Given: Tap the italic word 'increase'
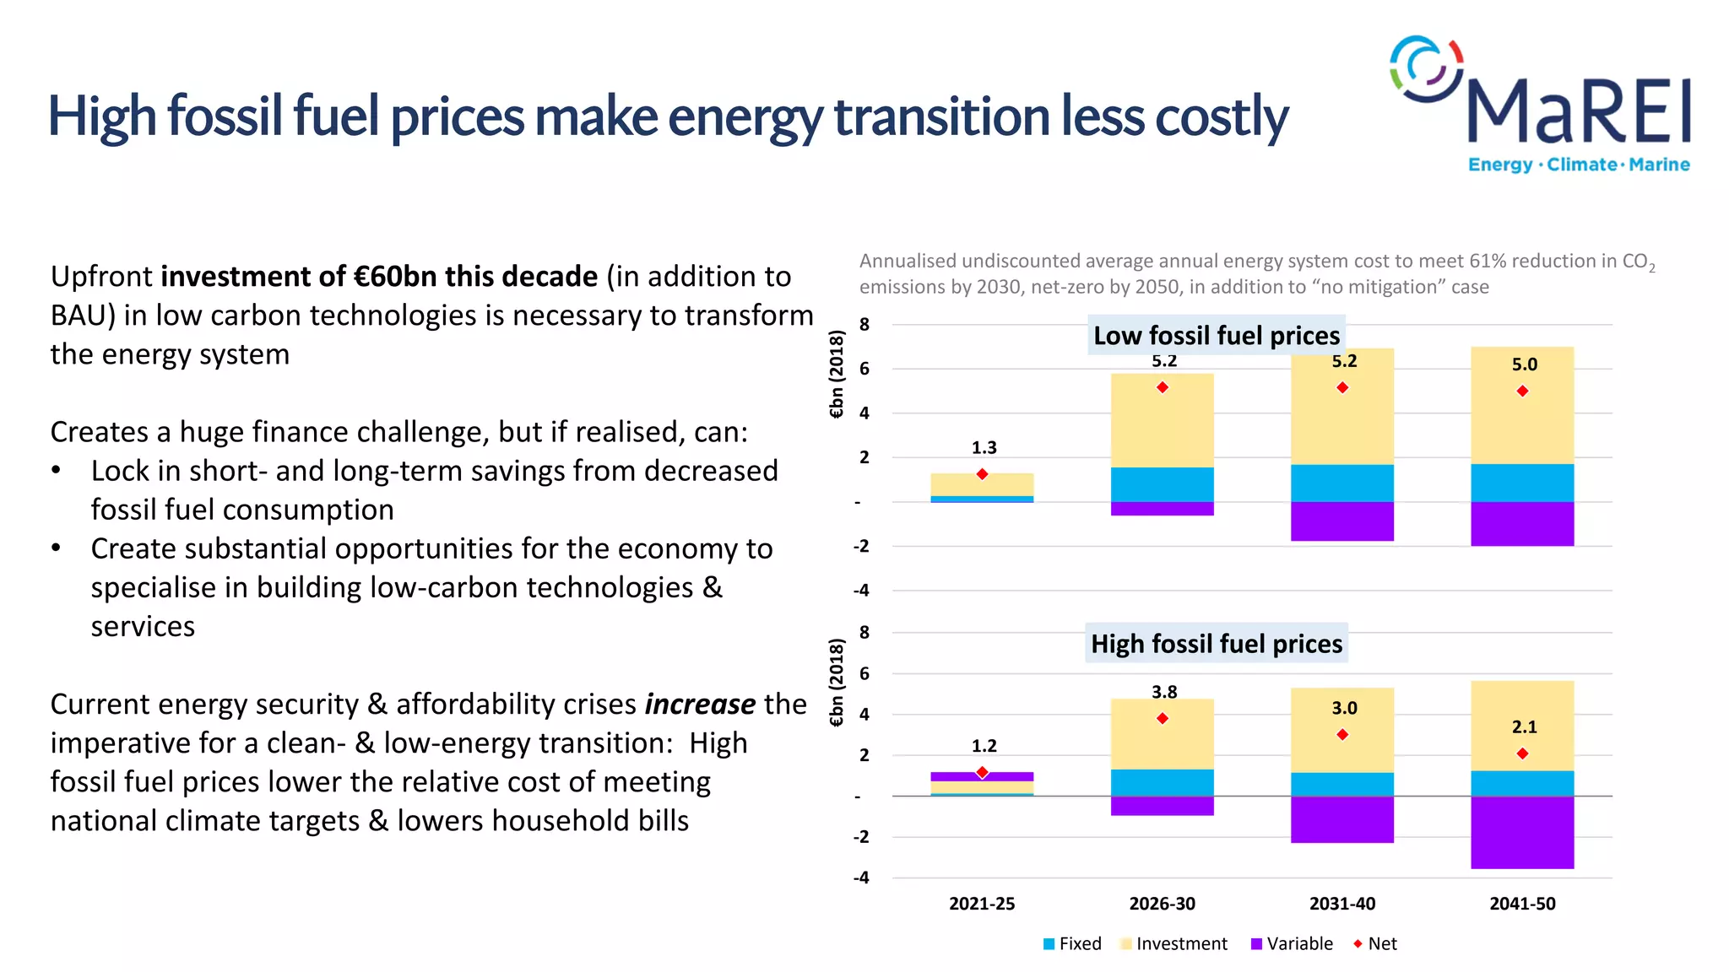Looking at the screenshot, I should click(x=700, y=705).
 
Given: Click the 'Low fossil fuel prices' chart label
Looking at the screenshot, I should click(x=1216, y=336).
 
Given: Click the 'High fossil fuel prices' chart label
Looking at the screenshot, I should click(x=1216, y=644).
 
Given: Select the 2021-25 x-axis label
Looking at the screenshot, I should click(x=982, y=904).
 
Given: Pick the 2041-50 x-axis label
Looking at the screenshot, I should click(x=1522, y=904).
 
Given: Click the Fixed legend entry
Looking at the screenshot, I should click(x=1072, y=944).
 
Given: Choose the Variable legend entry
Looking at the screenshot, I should click(x=1292, y=944).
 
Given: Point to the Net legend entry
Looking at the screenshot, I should click(x=1375, y=944).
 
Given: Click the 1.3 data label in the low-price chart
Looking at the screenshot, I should click(x=984, y=448).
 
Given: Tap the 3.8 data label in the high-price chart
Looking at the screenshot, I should click(x=1163, y=692).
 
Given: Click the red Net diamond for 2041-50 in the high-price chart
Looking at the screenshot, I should click(x=1522, y=753).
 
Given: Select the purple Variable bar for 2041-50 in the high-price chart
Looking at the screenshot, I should click(x=1522, y=832).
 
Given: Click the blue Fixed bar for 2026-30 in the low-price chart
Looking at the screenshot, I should click(x=1162, y=484).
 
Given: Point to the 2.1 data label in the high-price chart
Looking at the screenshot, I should click(x=1524, y=726).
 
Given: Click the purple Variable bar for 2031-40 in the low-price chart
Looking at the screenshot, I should click(x=1341, y=521).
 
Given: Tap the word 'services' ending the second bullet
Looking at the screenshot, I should click(x=143, y=627).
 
